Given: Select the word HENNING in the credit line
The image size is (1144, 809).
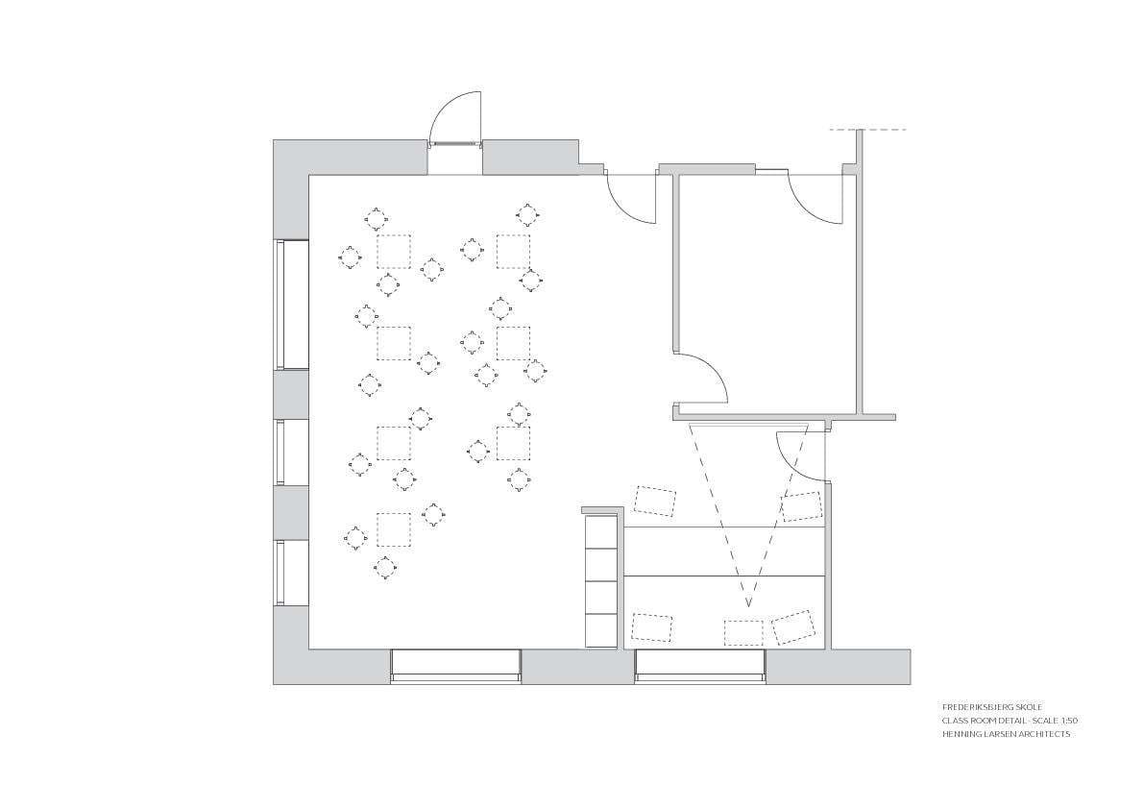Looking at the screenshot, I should tap(959, 734).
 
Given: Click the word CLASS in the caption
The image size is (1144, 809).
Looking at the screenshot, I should tap(955, 720).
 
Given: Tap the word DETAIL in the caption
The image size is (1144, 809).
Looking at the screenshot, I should tap(1005, 720).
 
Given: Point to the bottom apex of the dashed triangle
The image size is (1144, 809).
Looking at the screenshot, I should tap(748, 605).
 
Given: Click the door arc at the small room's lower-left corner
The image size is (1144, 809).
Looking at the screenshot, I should tap(704, 377).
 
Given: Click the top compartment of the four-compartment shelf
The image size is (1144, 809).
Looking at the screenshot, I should tap(601, 531).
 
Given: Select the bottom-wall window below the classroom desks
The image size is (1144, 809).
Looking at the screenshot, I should tap(455, 666).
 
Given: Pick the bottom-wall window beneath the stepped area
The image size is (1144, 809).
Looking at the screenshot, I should tap(700, 666).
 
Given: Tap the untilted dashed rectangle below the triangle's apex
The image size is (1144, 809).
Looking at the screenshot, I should tap(743, 632).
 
